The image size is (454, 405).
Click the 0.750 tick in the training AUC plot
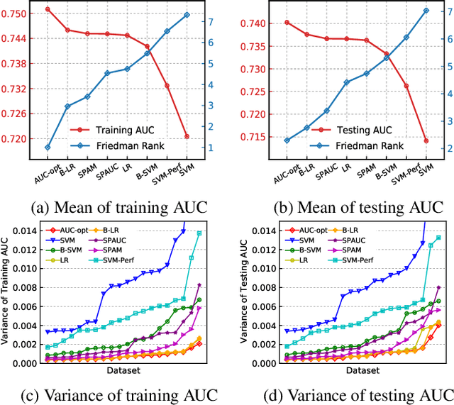pyautogui.click(x=15, y=14)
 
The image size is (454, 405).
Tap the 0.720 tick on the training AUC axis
pyautogui.click(x=15, y=138)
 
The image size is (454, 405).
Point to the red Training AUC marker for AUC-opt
pyautogui.click(x=48, y=9)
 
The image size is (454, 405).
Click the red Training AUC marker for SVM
pyautogui.click(x=187, y=136)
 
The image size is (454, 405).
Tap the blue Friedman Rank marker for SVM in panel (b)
pyautogui.click(x=406, y=11)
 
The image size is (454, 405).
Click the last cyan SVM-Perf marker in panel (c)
pyautogui.click(x=199, y=233)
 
